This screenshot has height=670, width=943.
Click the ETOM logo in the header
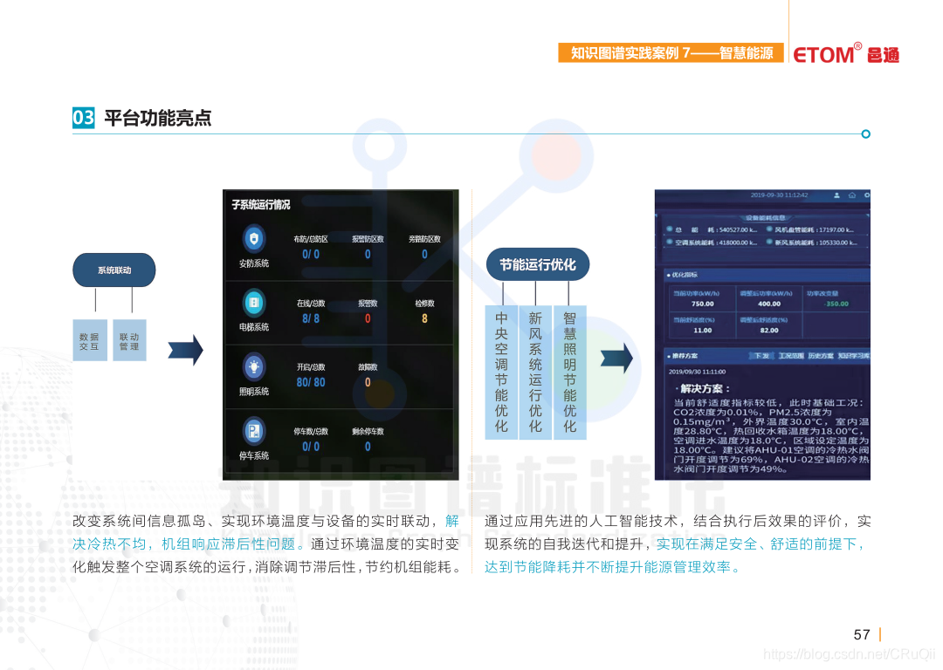coord(844,54)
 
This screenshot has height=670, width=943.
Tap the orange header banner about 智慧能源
coord(671,53)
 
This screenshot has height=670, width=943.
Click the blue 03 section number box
coord(83,118)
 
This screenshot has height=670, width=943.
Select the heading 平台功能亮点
coord(157,118)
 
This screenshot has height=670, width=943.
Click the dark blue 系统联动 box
coord(114,270)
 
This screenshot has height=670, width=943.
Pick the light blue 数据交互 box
coord(89,341)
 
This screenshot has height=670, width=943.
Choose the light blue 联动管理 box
coord(129,341)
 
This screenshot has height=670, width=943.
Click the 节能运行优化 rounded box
coord(537,264)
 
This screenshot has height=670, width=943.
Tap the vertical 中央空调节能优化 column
coord(501,372)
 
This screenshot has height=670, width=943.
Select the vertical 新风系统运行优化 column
coord(535,372)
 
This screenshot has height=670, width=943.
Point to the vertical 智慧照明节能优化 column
coord(569,372)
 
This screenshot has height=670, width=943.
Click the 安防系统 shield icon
coord(254,238)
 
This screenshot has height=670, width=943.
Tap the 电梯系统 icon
coord(254,303)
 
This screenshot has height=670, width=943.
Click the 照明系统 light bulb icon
coord(254,366)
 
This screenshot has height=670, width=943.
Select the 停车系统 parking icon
coord(254,431)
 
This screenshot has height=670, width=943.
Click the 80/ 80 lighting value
coord(311,382)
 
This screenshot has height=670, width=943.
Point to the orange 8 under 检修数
coord(424,318)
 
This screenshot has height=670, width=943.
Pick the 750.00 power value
coord(702,304)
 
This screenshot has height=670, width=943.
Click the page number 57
coord(862,634)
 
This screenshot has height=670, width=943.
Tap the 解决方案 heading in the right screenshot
coord(706,388)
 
